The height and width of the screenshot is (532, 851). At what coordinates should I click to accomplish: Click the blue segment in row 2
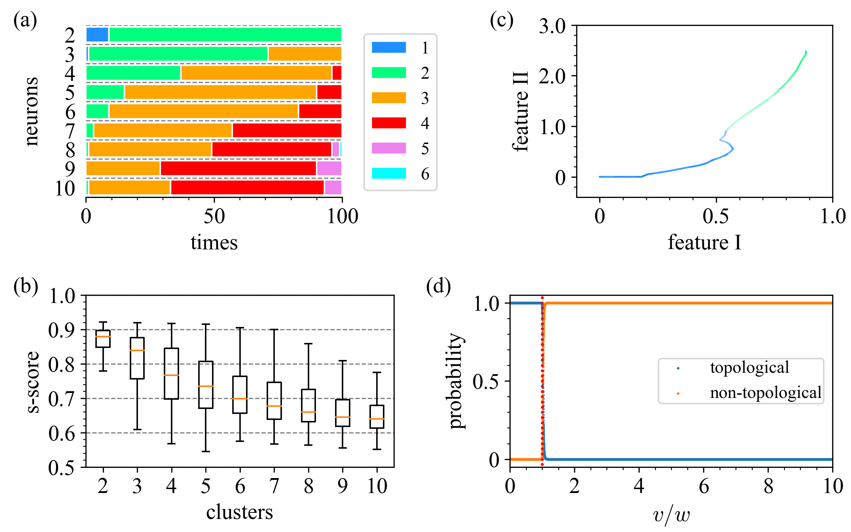click(x=97, y=35)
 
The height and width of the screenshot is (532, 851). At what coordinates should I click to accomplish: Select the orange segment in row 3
click(x=305, y=54)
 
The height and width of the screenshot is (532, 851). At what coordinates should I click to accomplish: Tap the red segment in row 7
click(x=287, y=130)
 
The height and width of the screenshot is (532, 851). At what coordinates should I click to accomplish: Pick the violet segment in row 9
click(x=329, y=168)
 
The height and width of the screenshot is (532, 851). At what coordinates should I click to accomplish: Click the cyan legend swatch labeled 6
click(x=389, y=173)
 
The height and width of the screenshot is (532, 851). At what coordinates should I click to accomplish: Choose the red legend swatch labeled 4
click(x=389, y=123)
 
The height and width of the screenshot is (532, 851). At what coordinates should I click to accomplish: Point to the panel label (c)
click(x=501, y=21)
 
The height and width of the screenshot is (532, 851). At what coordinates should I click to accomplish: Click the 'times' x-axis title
click(x=214, y=243)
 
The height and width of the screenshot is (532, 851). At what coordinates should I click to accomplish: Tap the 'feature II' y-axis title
click(x=521, y=112)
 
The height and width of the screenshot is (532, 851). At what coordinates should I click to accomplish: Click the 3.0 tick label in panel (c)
click(x=552, y=26)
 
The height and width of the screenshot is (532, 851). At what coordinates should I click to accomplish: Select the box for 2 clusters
click(x=103, y=339)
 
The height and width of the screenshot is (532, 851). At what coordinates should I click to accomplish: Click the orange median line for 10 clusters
click(x=377, y=419)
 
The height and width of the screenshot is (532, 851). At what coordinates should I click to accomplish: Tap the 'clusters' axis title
click(x=240, y=512)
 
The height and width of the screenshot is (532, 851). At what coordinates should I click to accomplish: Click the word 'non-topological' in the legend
click(x=766, y=393)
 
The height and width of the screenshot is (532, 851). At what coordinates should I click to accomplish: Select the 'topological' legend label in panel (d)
click(x=750, y=367)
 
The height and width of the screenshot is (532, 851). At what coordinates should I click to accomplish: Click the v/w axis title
click(x=671, y=515)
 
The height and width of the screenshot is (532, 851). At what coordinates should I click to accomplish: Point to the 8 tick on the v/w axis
click(x=768, y=486)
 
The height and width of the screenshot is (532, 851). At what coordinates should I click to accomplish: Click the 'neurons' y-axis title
click(x=32, y=111)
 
